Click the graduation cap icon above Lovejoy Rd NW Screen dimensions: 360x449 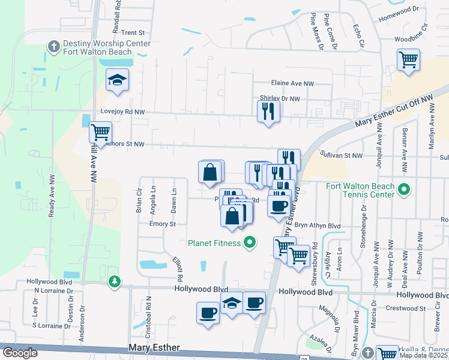[117, 79]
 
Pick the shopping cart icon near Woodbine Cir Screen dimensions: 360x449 [408, 59]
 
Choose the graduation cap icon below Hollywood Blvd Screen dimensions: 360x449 [232, 304]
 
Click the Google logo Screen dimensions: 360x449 [20, 353]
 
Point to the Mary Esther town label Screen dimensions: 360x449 [155, 348]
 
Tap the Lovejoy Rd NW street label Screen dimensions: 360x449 [122, 112]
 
